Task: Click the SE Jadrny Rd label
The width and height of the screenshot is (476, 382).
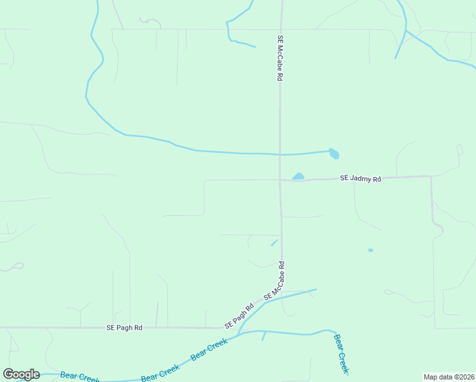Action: (x=360, y=179)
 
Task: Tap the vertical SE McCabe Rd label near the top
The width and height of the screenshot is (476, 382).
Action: (x=279, y=57)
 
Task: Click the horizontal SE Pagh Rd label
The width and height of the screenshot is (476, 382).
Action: (x=125, y=327)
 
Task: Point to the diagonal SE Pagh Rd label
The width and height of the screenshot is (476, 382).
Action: (x=239, y=315)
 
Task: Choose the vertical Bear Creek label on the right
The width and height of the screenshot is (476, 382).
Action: (x=342, y=354)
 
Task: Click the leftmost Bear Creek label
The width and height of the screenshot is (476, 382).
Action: (x=79, y=376)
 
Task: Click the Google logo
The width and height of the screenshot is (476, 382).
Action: (x=21, y=374)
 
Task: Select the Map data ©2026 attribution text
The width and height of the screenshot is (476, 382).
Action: (x=449, y=377)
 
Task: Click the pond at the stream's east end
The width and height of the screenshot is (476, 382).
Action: (x=334, y=153)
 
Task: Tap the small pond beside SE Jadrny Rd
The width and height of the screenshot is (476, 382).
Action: (x=298, y=176)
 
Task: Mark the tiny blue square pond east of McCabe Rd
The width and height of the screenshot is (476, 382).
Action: (x=370, y=250)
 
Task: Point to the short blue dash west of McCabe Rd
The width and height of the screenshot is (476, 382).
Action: (x=274, y=242)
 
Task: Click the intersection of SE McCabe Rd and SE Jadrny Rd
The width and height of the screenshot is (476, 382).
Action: (x=280, y=180)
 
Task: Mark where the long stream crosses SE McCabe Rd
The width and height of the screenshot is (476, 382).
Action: (x=280, y=154)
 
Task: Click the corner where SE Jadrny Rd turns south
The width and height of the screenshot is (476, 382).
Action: (x=431, y=176)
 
